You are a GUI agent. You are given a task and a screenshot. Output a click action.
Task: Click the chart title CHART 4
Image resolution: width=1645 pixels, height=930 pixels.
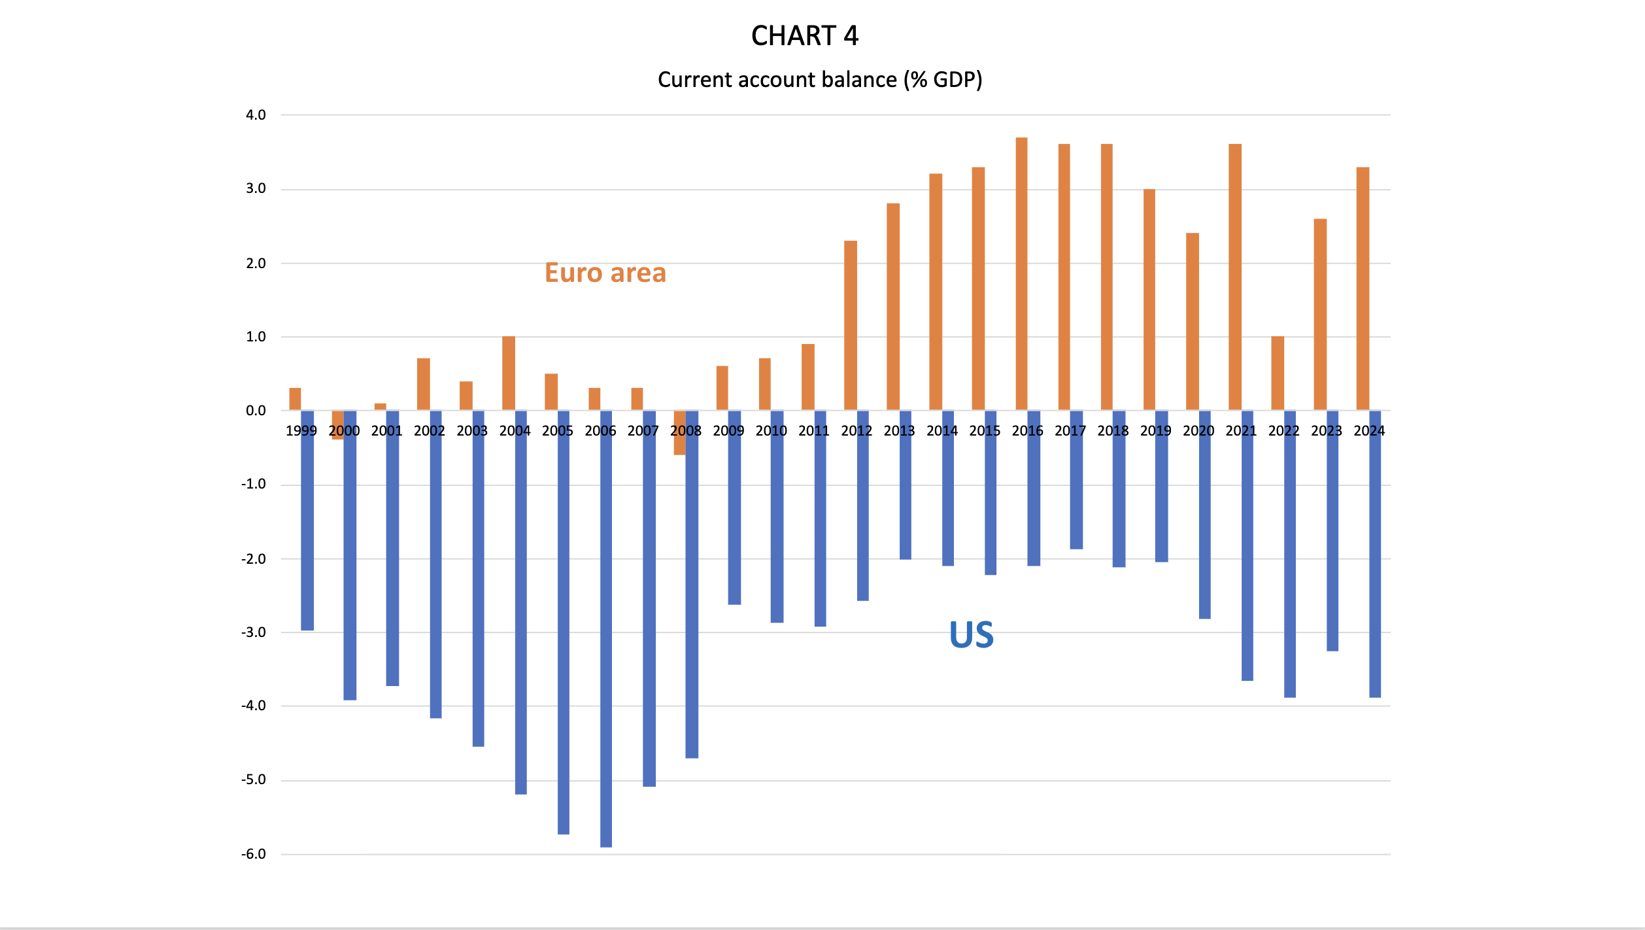tap(804, 36)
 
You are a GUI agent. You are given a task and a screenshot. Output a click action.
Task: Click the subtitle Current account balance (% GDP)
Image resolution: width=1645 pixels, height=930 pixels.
tap(820, 80)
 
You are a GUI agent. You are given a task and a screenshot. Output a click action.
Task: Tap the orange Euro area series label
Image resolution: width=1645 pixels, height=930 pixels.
tap(605, 273)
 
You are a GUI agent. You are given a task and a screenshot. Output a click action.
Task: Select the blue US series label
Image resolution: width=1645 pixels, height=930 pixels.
tap(972, 635)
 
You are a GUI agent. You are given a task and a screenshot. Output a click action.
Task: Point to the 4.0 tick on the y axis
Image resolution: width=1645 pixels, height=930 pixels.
tap(256, 115)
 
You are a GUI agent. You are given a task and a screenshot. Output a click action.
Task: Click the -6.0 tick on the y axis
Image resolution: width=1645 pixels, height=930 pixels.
tap(254, 854)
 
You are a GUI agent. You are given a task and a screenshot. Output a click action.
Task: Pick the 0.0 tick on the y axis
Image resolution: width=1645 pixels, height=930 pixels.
tap(256, 411)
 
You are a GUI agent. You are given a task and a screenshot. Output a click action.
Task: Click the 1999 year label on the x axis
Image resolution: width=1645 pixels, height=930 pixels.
tap(301, 431)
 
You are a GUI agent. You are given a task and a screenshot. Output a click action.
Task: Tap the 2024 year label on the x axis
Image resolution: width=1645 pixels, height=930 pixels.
tap(1369, 431)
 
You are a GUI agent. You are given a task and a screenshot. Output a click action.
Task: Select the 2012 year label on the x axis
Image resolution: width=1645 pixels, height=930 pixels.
tap(856, 431)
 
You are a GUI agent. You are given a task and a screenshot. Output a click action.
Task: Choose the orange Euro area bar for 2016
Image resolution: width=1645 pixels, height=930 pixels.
tap(1021, 274)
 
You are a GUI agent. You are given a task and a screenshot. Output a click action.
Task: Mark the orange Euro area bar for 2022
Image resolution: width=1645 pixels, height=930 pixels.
tap(1278, 373)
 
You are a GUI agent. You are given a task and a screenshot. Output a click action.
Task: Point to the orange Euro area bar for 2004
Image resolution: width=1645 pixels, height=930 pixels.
tap(509, 373)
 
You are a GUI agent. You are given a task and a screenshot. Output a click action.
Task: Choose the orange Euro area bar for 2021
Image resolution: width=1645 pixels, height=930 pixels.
tap(1235, 277)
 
